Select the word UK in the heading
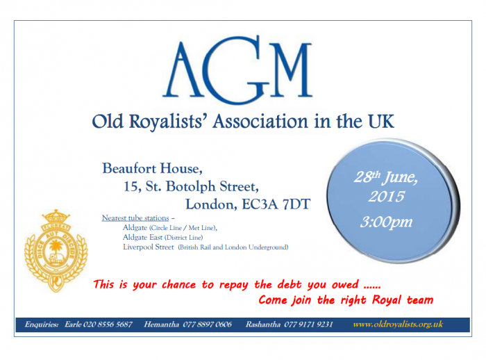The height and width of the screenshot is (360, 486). click(381, 121)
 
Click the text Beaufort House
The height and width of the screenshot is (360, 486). click(153, 168)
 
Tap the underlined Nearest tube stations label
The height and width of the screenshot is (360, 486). click(135, 218)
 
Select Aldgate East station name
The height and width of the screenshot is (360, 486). click(142, 238)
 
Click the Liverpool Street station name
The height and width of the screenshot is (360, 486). click(149, 247)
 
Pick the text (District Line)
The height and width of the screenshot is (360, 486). click(183, 238)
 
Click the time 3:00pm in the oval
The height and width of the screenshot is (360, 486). click(386, 222)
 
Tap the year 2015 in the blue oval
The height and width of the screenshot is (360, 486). click(386, 197)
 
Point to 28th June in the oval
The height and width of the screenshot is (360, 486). click(386, 177)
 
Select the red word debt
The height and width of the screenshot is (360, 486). click(290, 284)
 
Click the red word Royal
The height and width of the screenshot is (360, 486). click(387, 300)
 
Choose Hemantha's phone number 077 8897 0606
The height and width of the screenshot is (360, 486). click(208, 325)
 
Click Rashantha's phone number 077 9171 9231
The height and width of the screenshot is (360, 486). click(308, 325)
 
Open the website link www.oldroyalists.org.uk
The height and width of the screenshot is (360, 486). click(398, 325)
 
